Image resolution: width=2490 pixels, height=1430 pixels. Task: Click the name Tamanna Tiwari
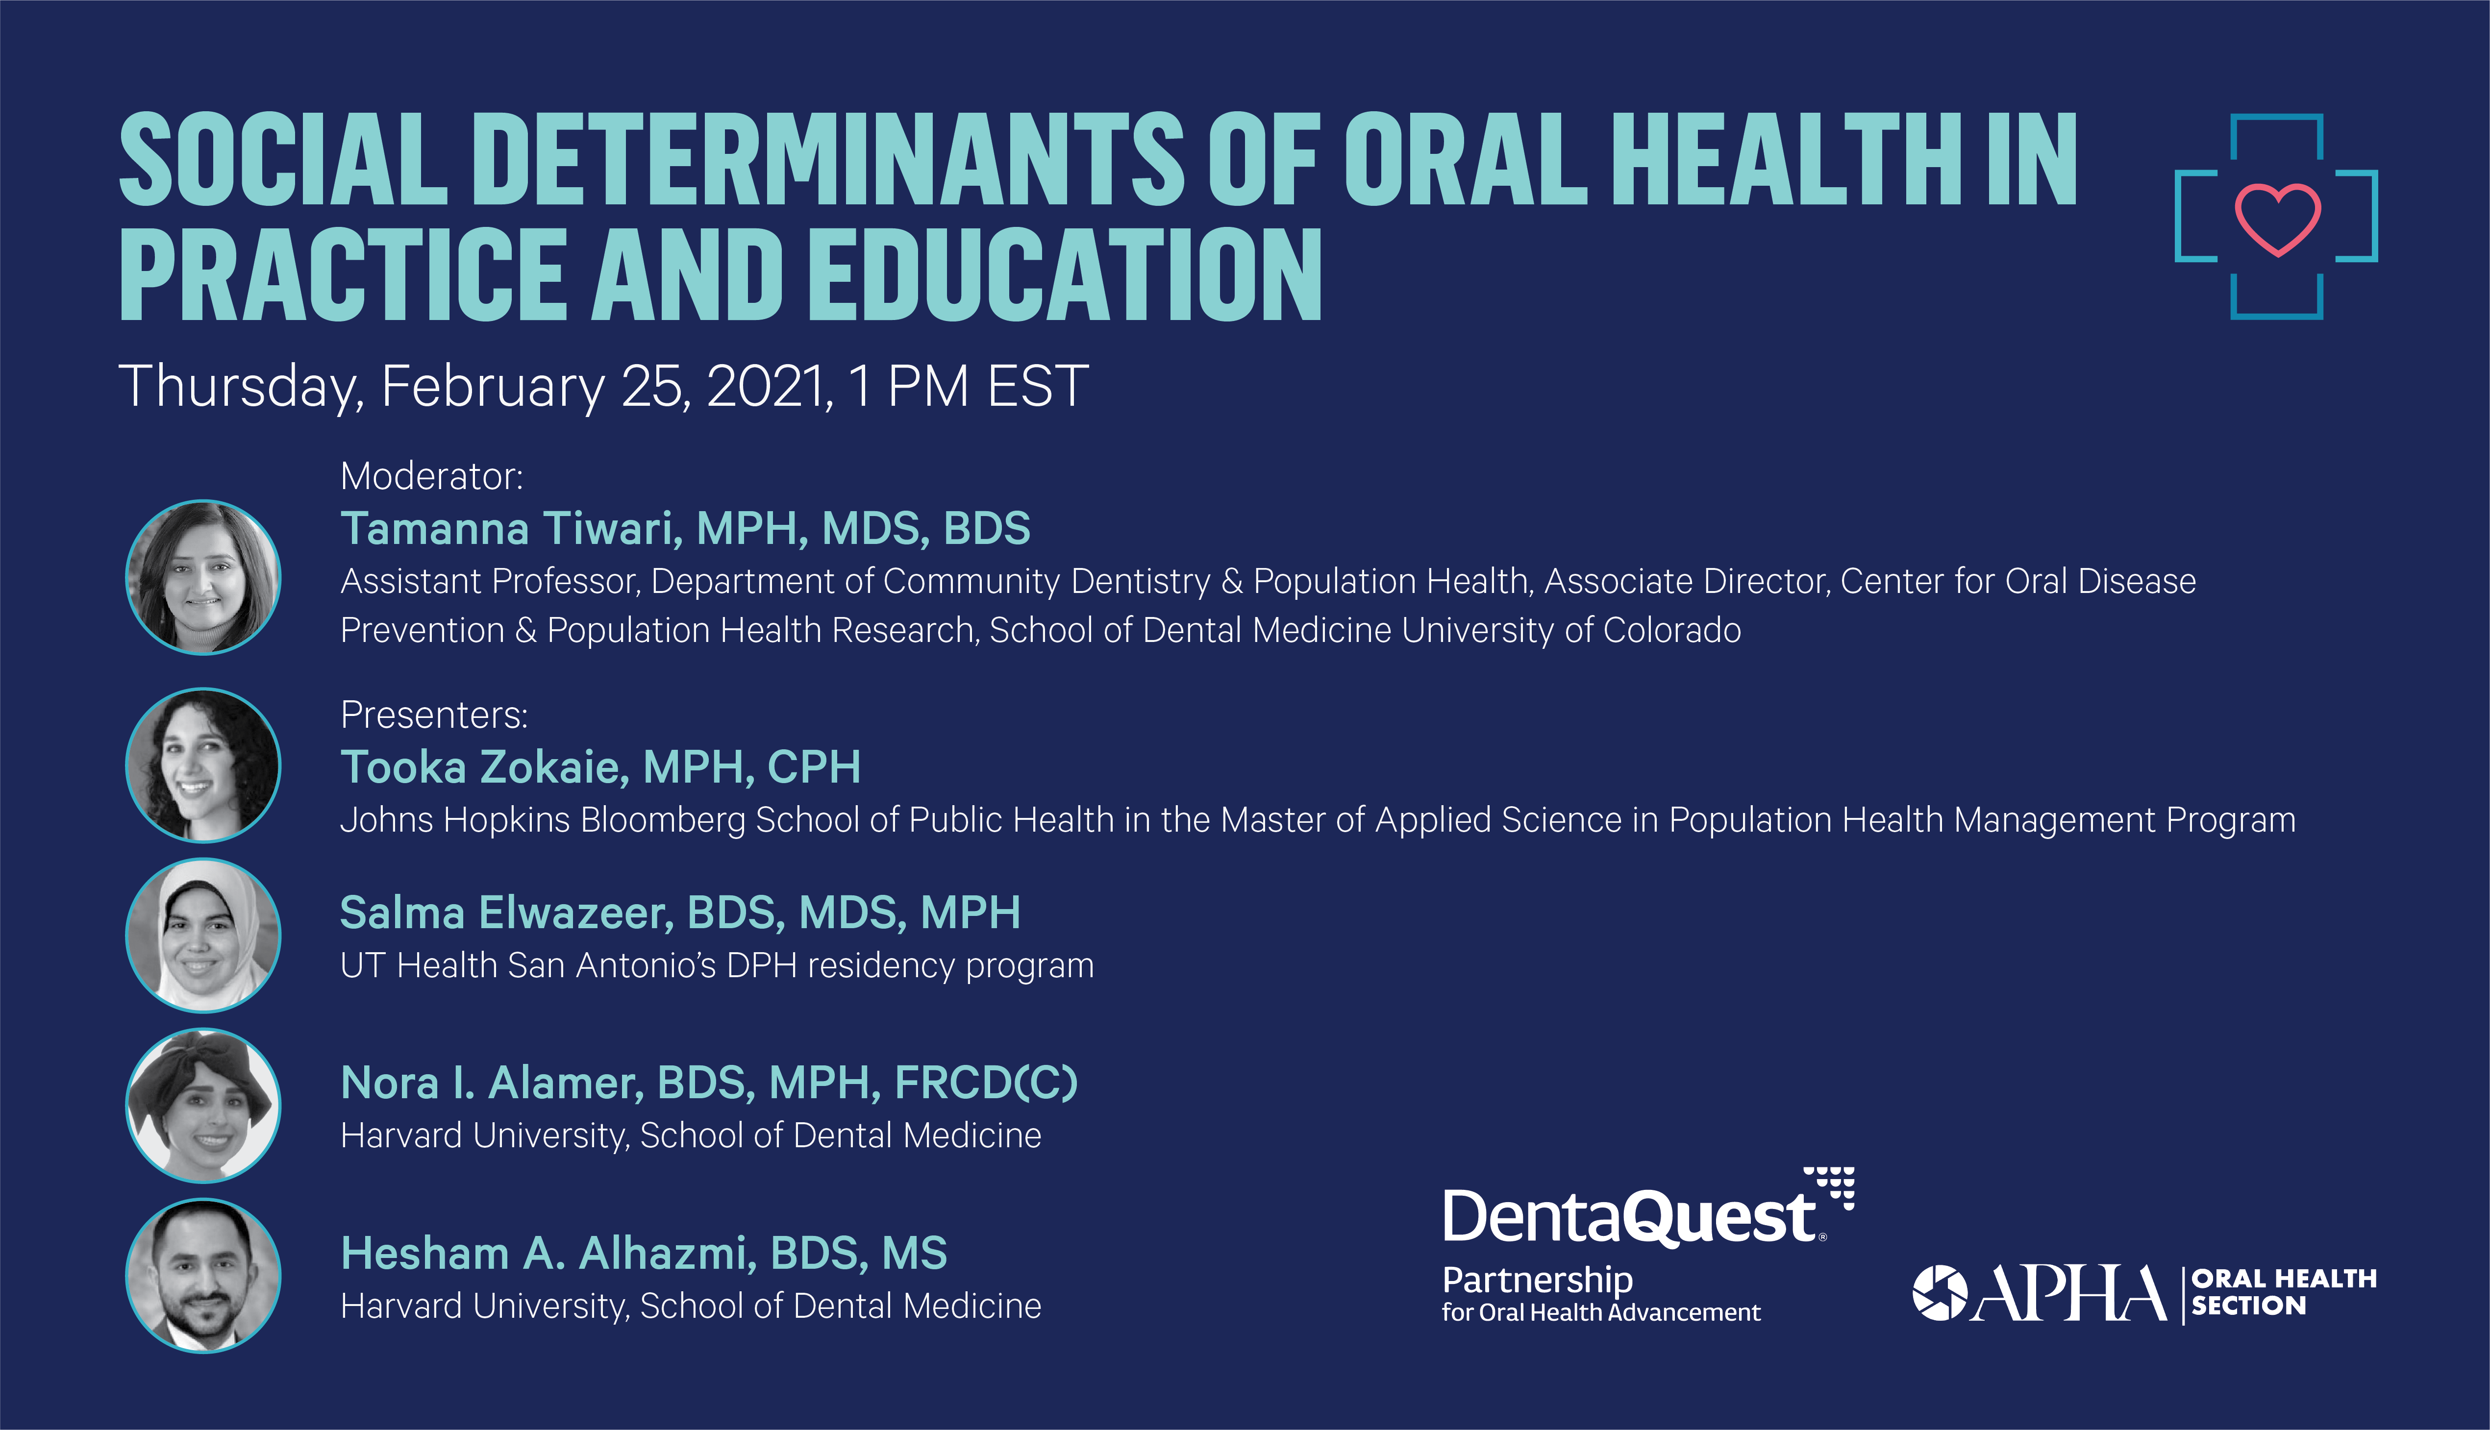tap(511, 528)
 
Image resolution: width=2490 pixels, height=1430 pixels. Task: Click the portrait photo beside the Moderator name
tap(203, 577)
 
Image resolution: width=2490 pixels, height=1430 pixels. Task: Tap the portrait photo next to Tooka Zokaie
tap(203, 765)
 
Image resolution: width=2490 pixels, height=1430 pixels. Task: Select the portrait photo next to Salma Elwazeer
tap(203, 935)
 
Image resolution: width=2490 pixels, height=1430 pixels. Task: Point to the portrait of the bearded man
tap(203, 1276)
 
